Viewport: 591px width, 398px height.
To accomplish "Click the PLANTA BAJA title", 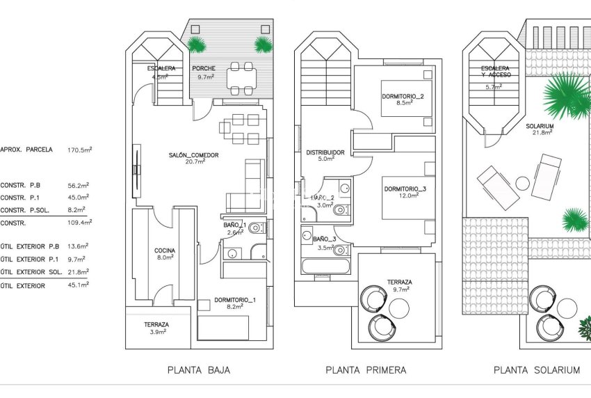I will pyautogui.click(x=198, y=370).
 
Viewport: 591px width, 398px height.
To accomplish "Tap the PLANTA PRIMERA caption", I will pyautogui.click(x=366, y=370).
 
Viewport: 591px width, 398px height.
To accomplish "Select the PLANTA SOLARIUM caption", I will pyautogui.click(x=536, y=370).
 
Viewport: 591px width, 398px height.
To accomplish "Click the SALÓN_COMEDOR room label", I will pyautogui.click(x=193, y=155).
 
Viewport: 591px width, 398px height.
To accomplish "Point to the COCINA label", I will pyautogui.click(x=165, y=250).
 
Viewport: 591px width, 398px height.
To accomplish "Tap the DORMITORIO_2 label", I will pyautogui.click(x=402, y=95).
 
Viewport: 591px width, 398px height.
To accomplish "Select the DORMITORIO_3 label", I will pyautogui.click(x=405, y=189).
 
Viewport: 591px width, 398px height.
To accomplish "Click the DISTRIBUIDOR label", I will pyautogui.click(x=325, y=153).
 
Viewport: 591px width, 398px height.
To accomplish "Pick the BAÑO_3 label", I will pyautogui.click(x=324, y=239).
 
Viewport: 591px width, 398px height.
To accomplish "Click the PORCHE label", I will pyautogui.click(x=204, y=69).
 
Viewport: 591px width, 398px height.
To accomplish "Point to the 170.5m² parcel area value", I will pyautogui.click(x=80, y=149).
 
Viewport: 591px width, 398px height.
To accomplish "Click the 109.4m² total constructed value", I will pyautogui.click(x=80, y=223).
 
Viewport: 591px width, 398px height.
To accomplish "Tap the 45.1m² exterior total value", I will pyautogui.click(x=80, y=285).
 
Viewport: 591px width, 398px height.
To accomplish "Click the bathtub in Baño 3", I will pyautogui.click(x=327, y=265).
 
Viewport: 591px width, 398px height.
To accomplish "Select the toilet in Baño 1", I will pyautogui.click(x=255, y=227).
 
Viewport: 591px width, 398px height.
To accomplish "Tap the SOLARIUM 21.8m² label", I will pyautogui.click(x=543, y=129).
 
